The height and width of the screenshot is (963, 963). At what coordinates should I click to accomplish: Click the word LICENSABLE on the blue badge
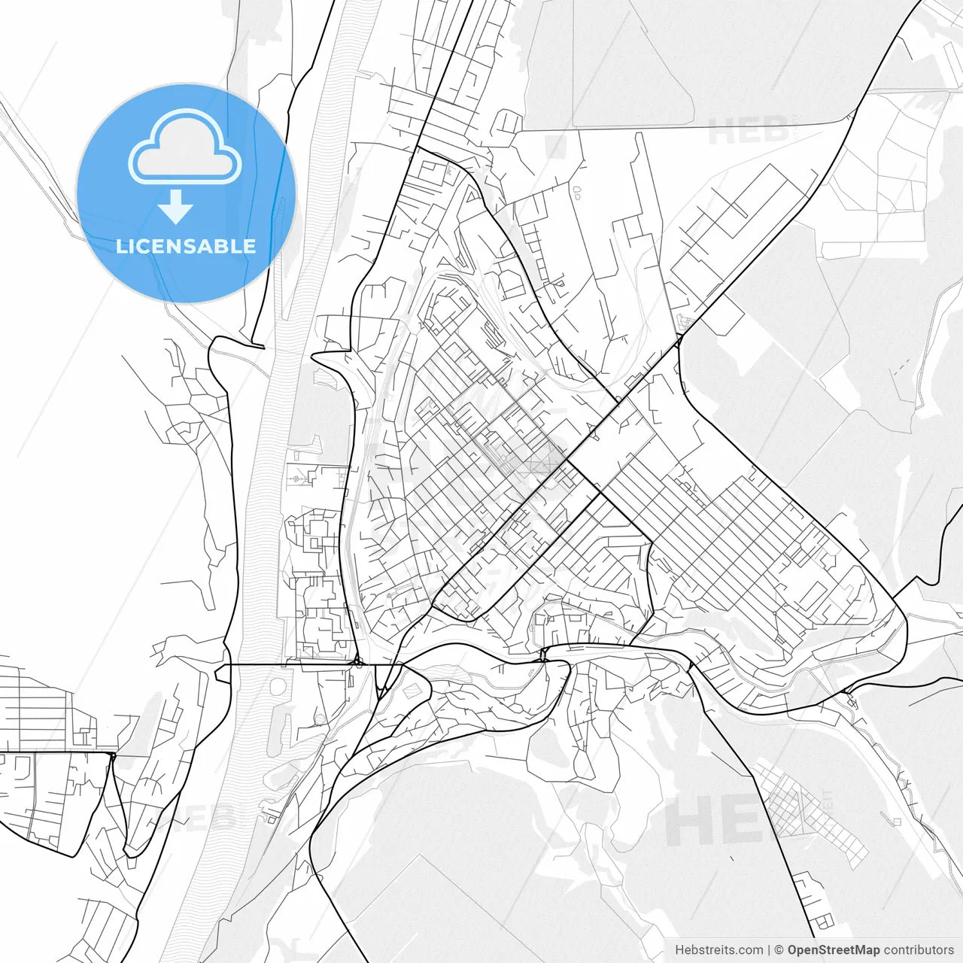186,246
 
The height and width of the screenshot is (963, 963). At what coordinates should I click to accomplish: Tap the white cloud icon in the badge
185,147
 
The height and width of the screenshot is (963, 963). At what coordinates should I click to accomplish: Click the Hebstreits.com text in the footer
718,950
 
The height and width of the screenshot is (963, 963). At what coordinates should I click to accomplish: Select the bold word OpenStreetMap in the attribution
833,950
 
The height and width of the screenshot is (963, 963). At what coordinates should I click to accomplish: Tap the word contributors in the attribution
918,950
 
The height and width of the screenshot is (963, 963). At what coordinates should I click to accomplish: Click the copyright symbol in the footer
779,950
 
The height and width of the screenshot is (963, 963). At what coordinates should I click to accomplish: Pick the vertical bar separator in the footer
769,950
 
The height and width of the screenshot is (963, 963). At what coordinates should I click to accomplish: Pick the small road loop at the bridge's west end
221,671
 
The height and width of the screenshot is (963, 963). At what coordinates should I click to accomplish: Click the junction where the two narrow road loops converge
111,755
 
